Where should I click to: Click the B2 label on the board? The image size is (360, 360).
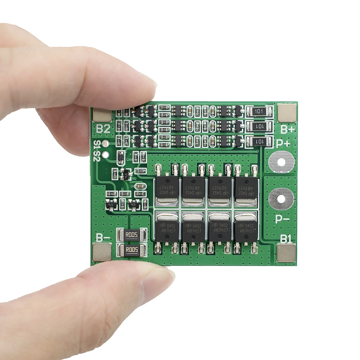[103, 129]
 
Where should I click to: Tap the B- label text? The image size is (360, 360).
[103, 238]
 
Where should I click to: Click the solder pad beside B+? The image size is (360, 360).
[287, 112]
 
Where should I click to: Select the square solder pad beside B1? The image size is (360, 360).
[286, 252]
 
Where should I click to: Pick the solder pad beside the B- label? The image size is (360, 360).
[102, 252]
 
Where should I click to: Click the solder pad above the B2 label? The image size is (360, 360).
[102, 114]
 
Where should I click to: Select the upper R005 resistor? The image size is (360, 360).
[132, 235]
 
